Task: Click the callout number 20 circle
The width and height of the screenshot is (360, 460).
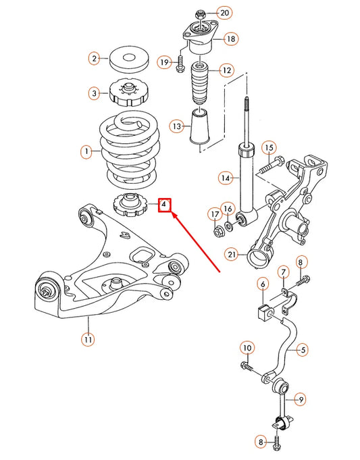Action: pyautogui.click(x=224, y=13)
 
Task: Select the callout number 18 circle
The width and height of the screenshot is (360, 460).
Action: pyautogui.click(x=230, y=40)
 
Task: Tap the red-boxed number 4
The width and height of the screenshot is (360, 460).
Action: pyautogui.click(x=164, y=204)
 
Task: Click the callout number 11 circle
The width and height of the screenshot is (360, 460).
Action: pyautogui.click(x=87, y=339)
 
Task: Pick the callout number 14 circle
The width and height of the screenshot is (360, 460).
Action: pyautogui.click(x=225, y=178)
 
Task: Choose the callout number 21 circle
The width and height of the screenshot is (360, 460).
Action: pyautogui.click(x=232, y=255)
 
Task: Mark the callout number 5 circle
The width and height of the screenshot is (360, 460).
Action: pyautogui.click(x=303, y=349)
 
